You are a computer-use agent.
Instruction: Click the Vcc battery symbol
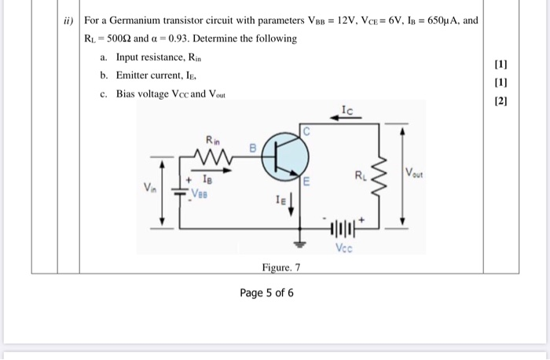pyautogui.click(x=346, y=230)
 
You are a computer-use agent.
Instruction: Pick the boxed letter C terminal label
pyautogui.click(x=308, y=131)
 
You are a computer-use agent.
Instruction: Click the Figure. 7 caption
pyautogui.click(x=281, y=268)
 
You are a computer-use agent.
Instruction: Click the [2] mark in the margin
pyautogui.click(x=502, y=101)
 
